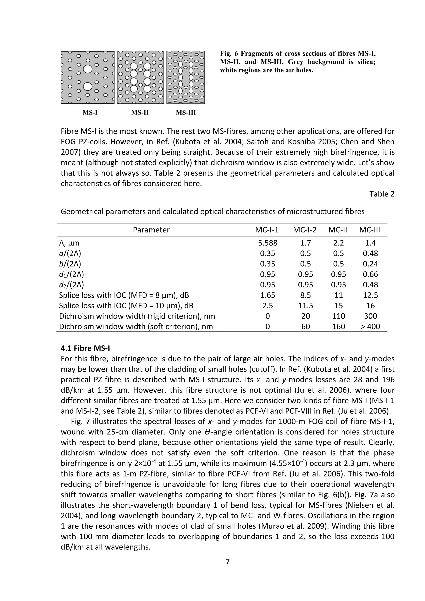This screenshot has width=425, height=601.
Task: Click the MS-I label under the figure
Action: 90,113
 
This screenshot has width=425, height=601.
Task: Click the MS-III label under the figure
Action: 186,113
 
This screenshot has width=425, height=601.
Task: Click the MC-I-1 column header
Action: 267,230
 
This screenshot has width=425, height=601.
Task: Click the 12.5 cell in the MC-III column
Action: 370,295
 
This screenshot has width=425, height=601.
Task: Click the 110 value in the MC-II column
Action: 338,316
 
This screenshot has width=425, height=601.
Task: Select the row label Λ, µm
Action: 69,243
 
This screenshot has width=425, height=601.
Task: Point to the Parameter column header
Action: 151,230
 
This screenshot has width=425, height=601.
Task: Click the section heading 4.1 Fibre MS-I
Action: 85,348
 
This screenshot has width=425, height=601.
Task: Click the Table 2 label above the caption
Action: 382,194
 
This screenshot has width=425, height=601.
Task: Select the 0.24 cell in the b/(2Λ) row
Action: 370,264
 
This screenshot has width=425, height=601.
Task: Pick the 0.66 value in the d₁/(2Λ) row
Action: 370,274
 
